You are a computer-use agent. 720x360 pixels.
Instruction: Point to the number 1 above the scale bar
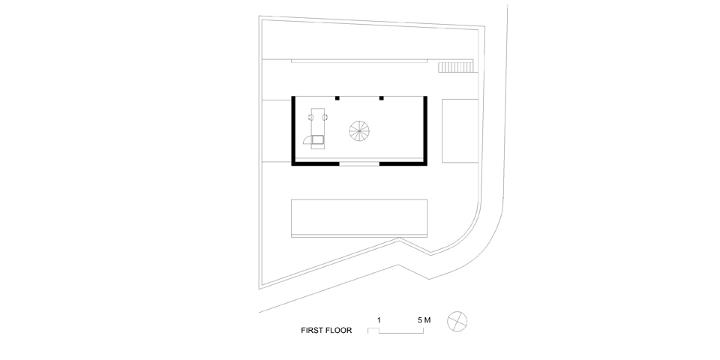[x=379, y=320]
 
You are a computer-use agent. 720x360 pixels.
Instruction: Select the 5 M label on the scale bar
[x=424, y=320]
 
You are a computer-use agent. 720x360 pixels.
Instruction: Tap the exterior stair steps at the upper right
[x=457, y=67]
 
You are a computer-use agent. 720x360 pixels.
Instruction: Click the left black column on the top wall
[x=337, y=97]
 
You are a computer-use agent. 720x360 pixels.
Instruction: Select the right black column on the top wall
[x=381, y=97]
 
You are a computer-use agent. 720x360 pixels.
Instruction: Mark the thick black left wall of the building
[x=292, y=129]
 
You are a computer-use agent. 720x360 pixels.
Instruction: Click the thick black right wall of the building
[x=426, y=129]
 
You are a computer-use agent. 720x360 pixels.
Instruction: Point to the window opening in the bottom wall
[x=359, y=162]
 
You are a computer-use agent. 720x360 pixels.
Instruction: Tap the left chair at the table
[x=311, y=116]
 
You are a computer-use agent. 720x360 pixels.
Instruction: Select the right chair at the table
[x=327, y=116]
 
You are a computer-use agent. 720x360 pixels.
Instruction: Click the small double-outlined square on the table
[x=318, y=139]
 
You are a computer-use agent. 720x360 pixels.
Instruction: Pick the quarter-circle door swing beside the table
[x=307, y=139]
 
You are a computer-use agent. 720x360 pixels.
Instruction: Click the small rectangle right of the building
[x=458, y=130]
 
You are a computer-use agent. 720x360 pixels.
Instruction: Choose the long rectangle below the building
[x=359, y=217]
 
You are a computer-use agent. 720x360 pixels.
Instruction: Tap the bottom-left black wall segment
[x=316, y=162]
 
